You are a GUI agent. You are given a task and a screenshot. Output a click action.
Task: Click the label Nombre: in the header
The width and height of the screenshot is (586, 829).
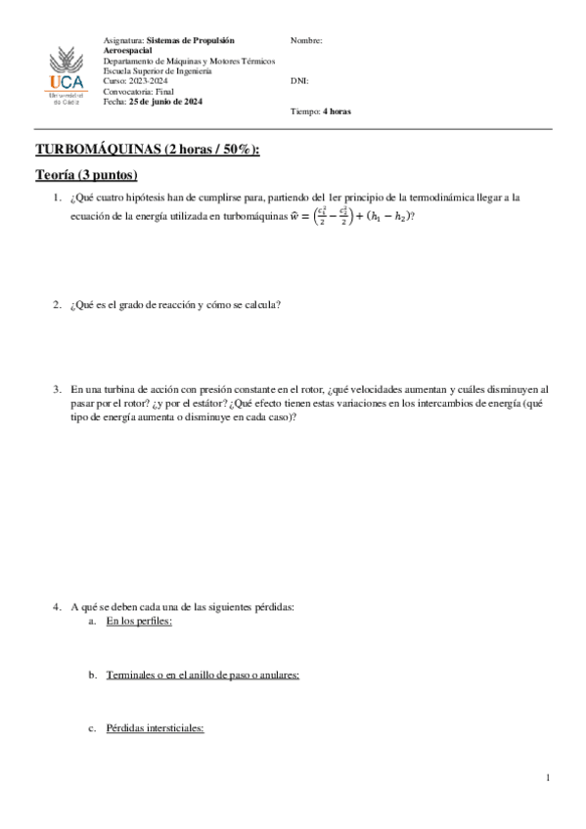click(x=306, y=41)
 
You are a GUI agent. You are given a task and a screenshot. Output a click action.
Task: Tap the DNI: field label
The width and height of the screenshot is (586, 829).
click(x=299, y=81)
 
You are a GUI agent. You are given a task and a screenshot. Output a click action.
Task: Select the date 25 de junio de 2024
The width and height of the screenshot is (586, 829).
click(x=166, y=102)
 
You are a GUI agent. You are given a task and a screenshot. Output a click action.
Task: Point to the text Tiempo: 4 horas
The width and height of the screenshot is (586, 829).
click(x=321, y=111)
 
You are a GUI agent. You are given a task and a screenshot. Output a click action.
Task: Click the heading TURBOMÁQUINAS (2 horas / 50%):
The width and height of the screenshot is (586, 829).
click(x=148, y=150)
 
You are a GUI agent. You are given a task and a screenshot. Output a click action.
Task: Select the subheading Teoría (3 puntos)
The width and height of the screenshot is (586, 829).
click(x=86, y=175)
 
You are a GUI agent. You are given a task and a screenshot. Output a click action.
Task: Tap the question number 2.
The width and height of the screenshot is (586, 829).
click(x=57, y=305)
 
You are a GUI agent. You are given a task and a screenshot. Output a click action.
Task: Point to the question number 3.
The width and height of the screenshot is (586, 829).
click(x=57, y=388)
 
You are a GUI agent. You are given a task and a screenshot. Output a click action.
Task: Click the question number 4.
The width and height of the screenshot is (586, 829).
click(x=57, y=607)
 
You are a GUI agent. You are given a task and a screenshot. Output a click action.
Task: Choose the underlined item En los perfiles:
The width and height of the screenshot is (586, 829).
click(x=139, y=621)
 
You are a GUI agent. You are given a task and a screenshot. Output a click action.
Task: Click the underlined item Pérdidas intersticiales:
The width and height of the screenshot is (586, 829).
click(x=155, y=728)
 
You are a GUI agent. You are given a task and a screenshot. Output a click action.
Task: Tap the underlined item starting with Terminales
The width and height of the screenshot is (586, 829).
click(x=203, y=675)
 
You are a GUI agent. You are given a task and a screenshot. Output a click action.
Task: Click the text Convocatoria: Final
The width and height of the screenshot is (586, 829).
click(x=138, y=92)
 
